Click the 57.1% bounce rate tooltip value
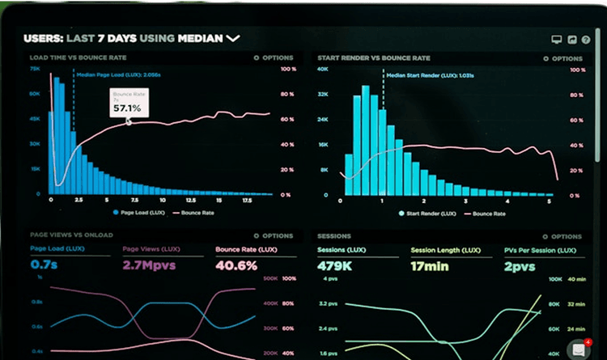(127, 108)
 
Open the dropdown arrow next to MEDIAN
(234, 37)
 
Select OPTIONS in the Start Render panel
(565, 58)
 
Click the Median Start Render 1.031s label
(428, 74)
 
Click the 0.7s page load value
(43, 265)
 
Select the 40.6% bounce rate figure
(236, 265)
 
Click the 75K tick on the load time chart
(35, 69)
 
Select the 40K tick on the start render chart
(322, 69)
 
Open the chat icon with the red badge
(578, 349)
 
